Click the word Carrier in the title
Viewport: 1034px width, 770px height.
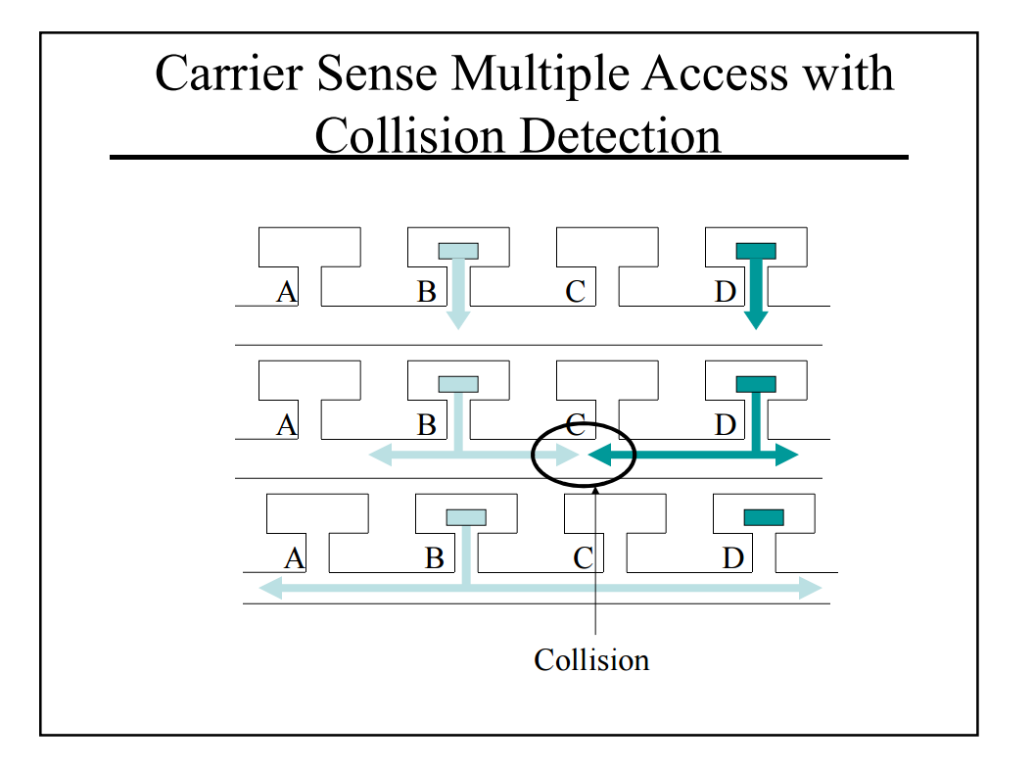tap(220, 74)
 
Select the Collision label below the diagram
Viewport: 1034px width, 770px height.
tap(591, 660)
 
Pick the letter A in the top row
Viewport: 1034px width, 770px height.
tap(286, 291)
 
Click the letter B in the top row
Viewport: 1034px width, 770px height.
tap(426, 291)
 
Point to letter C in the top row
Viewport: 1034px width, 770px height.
tap(575, 291)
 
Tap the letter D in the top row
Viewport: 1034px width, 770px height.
tap(725, 291)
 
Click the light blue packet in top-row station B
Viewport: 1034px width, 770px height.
tap(458, 251)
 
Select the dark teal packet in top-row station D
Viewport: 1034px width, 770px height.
tap(756, 251)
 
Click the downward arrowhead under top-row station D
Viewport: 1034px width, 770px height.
tap(756, 319)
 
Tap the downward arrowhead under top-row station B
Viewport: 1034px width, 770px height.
tap(458, 319)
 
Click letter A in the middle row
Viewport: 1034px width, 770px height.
tap(286, 425)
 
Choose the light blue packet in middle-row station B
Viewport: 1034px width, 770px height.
tap(458, 384)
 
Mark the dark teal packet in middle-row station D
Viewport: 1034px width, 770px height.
tap(756, 384)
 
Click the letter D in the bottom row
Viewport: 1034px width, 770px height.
tap(732, 558)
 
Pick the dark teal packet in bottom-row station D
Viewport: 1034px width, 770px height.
tap(764, 517)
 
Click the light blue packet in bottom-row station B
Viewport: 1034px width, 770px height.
tap(466, 517)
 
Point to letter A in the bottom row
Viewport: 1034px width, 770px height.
tap(294, 558)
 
